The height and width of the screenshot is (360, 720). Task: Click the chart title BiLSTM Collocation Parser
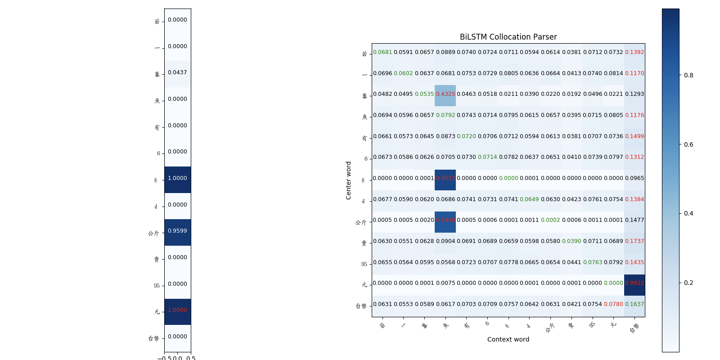click(x=508, y=37)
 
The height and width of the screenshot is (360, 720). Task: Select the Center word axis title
click(x=348, y=180)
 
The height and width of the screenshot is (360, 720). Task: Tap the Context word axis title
click(x=508, y=339)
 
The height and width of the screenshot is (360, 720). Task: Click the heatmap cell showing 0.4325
click(x=445, y=94)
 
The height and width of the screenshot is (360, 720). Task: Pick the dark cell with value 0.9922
click(x=634, y=283)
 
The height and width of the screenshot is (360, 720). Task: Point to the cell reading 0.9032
click(x=445, y=178)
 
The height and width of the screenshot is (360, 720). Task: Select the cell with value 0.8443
click(x=445, y=220)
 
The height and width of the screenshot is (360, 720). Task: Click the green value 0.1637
click(x=634, y=304)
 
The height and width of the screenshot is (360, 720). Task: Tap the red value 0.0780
click(x=613, y=304)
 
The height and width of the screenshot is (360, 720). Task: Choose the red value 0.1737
click(x=634, y=241)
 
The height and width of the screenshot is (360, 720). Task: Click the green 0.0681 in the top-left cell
click(x=382, y=52)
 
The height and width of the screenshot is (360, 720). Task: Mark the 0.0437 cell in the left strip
click(x=177, y=72)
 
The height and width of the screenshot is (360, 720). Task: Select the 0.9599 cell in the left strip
click(x=177, y=231)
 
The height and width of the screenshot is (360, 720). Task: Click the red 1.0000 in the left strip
click(x=177, y=310)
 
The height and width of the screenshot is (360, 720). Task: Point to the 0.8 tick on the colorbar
click(x=688, y=75)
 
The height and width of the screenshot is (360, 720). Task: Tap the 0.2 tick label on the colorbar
click(x=688, y=283)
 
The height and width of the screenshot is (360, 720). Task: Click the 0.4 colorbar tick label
click(x=688, y=213)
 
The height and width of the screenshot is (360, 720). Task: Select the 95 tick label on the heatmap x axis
click(x=592, y=324)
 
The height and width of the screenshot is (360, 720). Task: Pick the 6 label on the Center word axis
click(x=366, y=159)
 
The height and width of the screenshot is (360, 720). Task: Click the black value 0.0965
click(x=634, y=178)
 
